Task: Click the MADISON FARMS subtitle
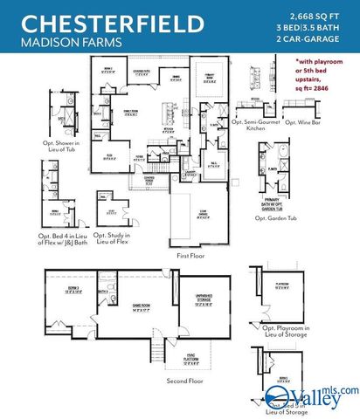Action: click(59, 42)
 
